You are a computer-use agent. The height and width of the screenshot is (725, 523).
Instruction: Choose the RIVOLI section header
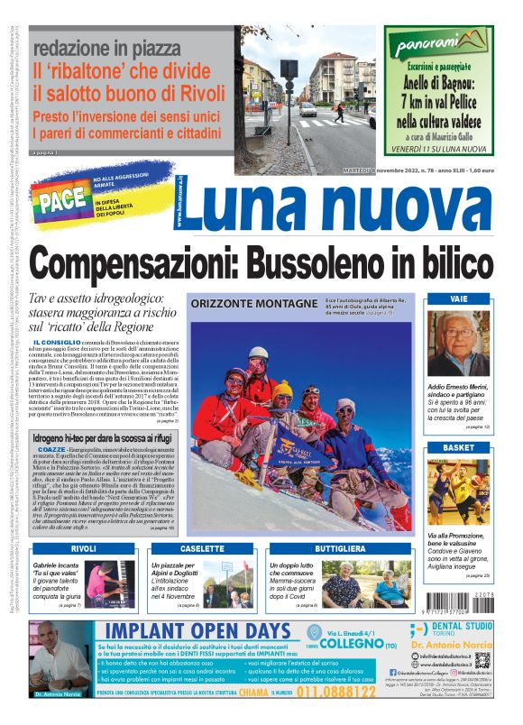pyautogui.click(x=83, y=548)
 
